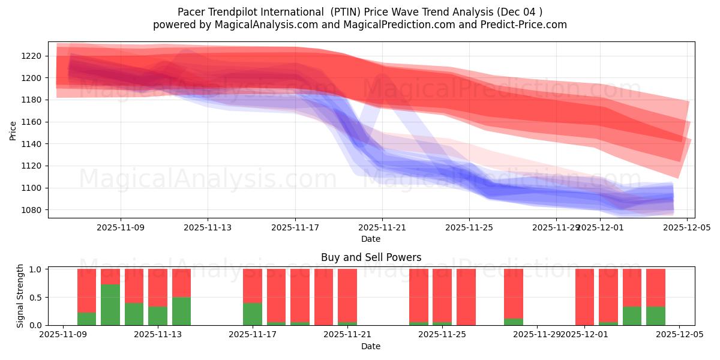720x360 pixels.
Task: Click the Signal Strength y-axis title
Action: [20, 296]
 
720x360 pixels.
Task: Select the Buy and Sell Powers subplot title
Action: [371, 257]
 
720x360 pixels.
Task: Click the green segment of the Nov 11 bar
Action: [110, 305]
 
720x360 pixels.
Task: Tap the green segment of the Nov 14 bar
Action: [181, 311]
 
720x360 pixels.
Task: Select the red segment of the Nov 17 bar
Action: [253, 286]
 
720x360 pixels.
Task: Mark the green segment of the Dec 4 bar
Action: [656, 316]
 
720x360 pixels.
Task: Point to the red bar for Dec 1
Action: [584, 297]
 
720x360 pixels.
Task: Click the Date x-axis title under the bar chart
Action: [371, 346]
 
